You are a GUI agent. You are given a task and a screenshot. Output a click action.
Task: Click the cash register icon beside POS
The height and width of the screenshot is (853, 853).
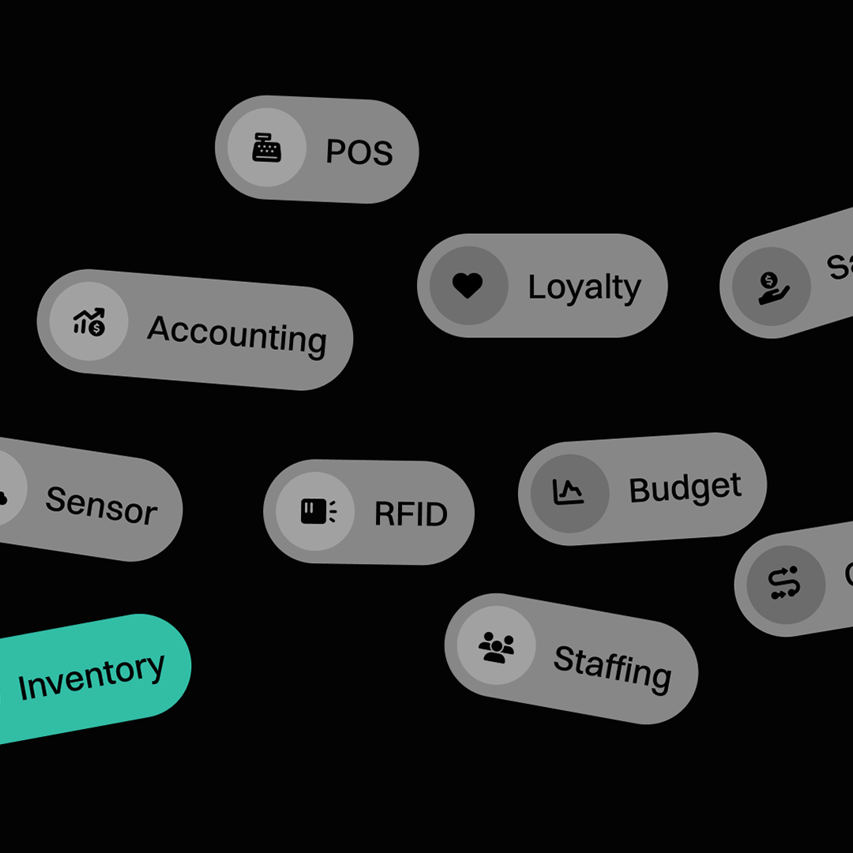(x=266, y=148)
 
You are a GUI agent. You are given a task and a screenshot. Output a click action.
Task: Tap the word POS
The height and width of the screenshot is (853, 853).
(x=359, y=152)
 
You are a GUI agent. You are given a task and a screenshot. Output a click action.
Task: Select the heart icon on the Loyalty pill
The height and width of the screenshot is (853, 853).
(x=468, y=285)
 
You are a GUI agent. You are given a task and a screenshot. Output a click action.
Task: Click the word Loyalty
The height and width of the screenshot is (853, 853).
(x=584, y=288)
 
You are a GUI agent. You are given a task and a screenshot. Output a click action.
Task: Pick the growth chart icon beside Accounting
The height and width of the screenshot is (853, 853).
(x=88, y=321)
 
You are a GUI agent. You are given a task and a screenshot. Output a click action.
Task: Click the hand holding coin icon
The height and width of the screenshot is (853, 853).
(x=771, y=287)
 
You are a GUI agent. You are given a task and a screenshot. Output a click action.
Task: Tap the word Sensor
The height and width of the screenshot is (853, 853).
(x=101, y=505)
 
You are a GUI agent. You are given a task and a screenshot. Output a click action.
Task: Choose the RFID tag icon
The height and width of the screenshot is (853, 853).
(x=316, y=512)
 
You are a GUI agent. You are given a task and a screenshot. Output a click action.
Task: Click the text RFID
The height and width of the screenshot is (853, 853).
(x=411, y=514)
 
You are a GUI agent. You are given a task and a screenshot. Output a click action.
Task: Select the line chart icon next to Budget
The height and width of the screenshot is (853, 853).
(x=569, y=493)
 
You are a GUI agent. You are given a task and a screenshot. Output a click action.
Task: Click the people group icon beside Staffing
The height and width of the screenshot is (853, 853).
(x=496, y=646)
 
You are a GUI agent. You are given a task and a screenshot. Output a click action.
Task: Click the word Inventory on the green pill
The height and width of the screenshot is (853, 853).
(x=92, y=676)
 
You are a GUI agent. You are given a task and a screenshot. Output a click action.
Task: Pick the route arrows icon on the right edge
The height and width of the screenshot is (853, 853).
(x=784, y=584)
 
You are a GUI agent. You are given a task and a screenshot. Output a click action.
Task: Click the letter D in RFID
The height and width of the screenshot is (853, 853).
(x=435, y=515)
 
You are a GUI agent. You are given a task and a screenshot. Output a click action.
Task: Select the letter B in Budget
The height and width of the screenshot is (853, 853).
(x=639, y=491)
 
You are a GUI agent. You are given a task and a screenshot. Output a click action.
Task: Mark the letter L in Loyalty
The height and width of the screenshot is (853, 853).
(x=535, y=287)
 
